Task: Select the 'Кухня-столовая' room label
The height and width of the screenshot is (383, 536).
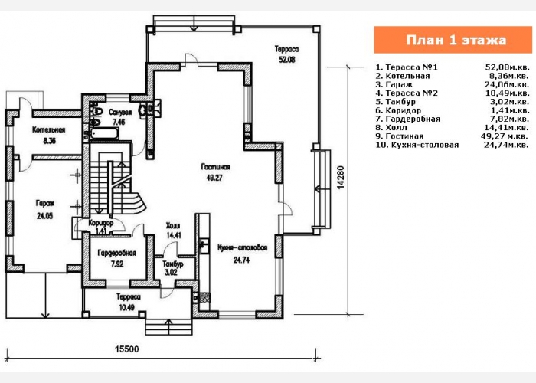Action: pyautogui.click(x=241, y=248)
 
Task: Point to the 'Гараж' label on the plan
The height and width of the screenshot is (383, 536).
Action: pyautogui.click(x=44, y=204)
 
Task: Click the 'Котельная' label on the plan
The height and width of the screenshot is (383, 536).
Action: pyautogui.click(x=48, y=130)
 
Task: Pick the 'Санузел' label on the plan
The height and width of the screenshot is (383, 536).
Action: pyautogui.click(x=120, y=112)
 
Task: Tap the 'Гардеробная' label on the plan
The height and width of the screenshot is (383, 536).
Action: pyautogui.click(x=117, y=254)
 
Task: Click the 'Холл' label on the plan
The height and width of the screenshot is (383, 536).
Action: pyautogui.click(x=173, y=226)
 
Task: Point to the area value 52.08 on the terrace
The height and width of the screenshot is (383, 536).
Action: pyautogui.click(x=288, y=59)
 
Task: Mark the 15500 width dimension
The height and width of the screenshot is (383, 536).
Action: pyautogui.click(x=126, y=349)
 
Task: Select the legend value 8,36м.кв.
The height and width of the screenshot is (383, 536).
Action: pyautogui.click(x=508, y=76)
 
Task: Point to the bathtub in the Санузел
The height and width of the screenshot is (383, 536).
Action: pyautogui.click(x=103, y=133)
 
